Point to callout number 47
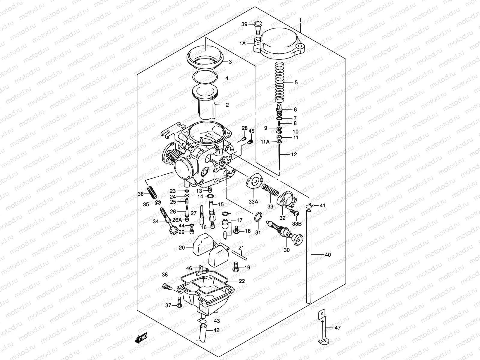337,328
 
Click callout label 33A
253,202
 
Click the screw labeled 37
179,302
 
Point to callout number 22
242,281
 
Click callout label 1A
242,43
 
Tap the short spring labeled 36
152,192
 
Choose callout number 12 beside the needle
294,154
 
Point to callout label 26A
177,219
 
